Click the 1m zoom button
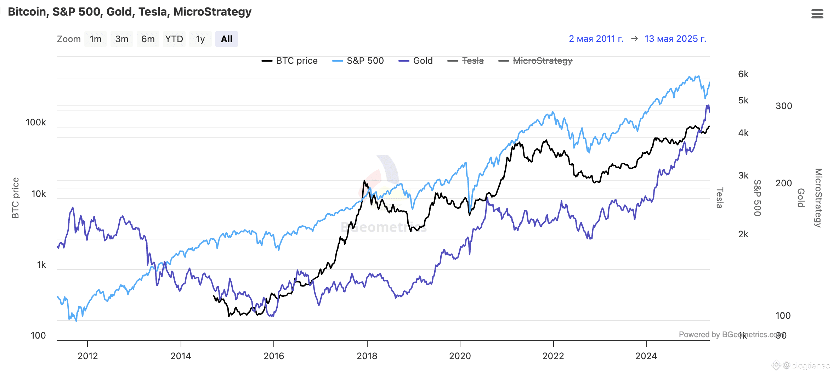coord(96,39)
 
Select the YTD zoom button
coord(174,39)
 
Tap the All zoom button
coord(226,39)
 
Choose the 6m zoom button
coord(148,39)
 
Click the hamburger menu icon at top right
coord(817,14)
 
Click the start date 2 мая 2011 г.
coord(596,39)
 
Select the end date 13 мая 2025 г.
coord(675,39)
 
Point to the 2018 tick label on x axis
coord(367,356)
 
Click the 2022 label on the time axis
coord(553,356)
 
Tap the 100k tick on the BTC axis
coord(36,123)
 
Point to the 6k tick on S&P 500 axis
coord(743,74)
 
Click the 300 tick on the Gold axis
coord(783,106)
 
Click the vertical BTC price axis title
coord(15,198)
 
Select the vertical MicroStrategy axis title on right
coord(818,198)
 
